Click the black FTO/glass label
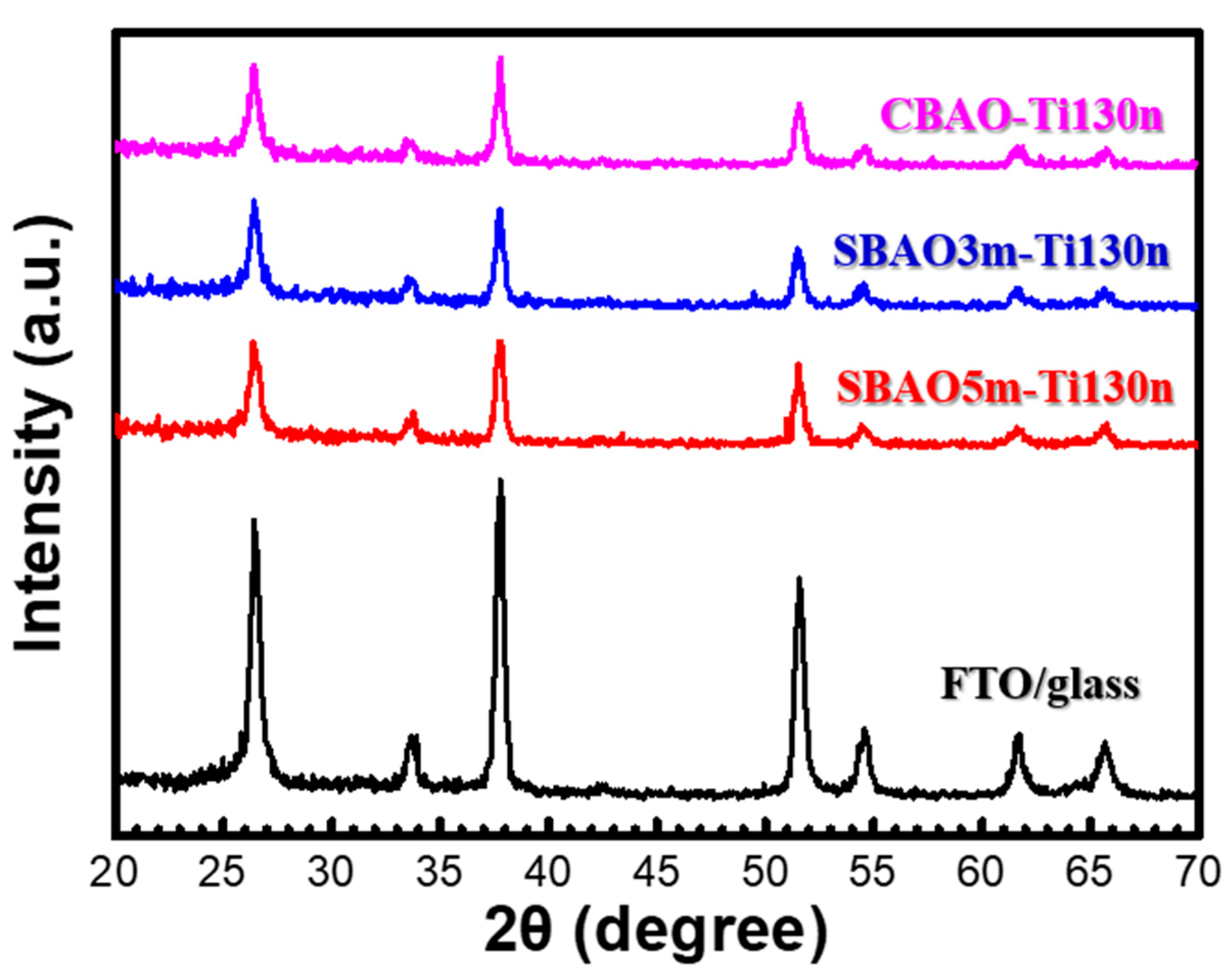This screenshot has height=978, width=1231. (x=1040, y=684)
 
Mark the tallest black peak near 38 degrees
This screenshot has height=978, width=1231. (x=501, y=481)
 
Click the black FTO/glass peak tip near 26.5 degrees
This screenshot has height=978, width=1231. (x=254, y=520)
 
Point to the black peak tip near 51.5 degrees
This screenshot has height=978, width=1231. (x=799, y=578)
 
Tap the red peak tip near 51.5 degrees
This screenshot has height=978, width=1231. (x=799, y=364)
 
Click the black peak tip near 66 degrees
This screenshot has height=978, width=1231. (x=1105, y=743)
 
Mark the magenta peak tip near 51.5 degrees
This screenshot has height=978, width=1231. (x=799, y=104)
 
